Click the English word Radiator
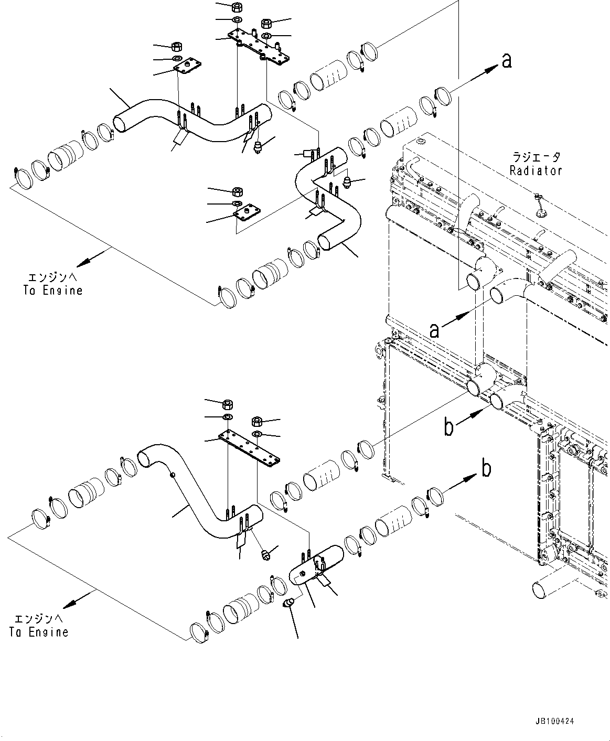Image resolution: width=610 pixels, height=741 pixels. [536, 171]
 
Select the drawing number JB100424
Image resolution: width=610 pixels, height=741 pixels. [555, 722]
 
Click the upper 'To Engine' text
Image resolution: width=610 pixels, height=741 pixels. [53, 290]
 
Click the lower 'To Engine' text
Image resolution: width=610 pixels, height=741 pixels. [39, 632]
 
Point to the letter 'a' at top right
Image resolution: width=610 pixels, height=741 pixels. [506, 61]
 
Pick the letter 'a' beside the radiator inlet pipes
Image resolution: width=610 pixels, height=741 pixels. [434, 330]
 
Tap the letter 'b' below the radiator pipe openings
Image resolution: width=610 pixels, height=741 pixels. [448, 427]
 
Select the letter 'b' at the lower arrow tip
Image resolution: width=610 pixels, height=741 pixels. [486, 468]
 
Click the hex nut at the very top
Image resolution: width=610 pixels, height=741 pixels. [236, 7]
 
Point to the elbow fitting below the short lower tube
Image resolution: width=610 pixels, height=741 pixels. [289, 604]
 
